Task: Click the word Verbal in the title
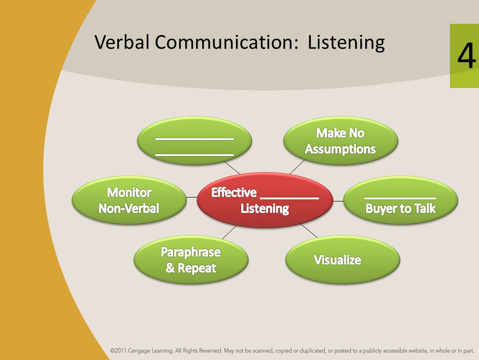(122, 42)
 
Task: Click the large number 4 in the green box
(467, 55)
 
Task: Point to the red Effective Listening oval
(265, 200)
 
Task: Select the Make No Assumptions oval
(341, 141)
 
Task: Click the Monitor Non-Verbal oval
(129, 200)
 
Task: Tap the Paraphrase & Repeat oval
(191, 260)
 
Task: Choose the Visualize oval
(342, 260)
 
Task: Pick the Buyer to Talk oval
(401, 200)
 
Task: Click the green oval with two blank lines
(195, 141)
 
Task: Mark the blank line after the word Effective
(289, 198)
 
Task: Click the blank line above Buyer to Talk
(401, 198)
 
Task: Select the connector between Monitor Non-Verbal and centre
(192, 197)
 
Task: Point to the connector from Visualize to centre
(309, 230)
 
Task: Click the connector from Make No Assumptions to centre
(297, 167)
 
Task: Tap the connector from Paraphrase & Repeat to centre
(230, 232)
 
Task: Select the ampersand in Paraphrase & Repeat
(170, 268)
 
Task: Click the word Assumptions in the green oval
(340, 149)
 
